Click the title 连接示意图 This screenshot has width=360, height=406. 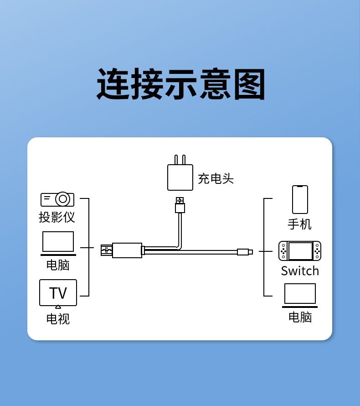click(180, 84)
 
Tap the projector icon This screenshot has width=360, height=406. click(57, 199)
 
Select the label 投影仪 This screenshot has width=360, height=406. click(57, 217)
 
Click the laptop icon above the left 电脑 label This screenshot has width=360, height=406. click(58, 243)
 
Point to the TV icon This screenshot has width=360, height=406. click(58, 293)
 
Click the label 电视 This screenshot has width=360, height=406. click(58, 318)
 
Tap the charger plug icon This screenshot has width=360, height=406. click(180, 177)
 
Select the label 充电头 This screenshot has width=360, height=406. click(216, 178)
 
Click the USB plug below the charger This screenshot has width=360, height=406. click(180, 206)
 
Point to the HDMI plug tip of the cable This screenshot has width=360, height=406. click(106, 250)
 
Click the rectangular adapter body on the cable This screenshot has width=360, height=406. click(127, 250)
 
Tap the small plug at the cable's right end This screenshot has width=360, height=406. click(245, 252)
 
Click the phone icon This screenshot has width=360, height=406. click(300, 199)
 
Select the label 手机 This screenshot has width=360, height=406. click(300, 224)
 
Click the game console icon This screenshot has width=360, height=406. click(300, 251)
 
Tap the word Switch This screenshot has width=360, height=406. click(300, 271)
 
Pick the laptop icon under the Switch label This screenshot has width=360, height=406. click(300, 295)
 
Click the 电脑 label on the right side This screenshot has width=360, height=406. click(300, 317)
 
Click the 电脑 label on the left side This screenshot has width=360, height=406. click(58, 265)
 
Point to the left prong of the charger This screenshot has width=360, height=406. click(175, 160)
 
